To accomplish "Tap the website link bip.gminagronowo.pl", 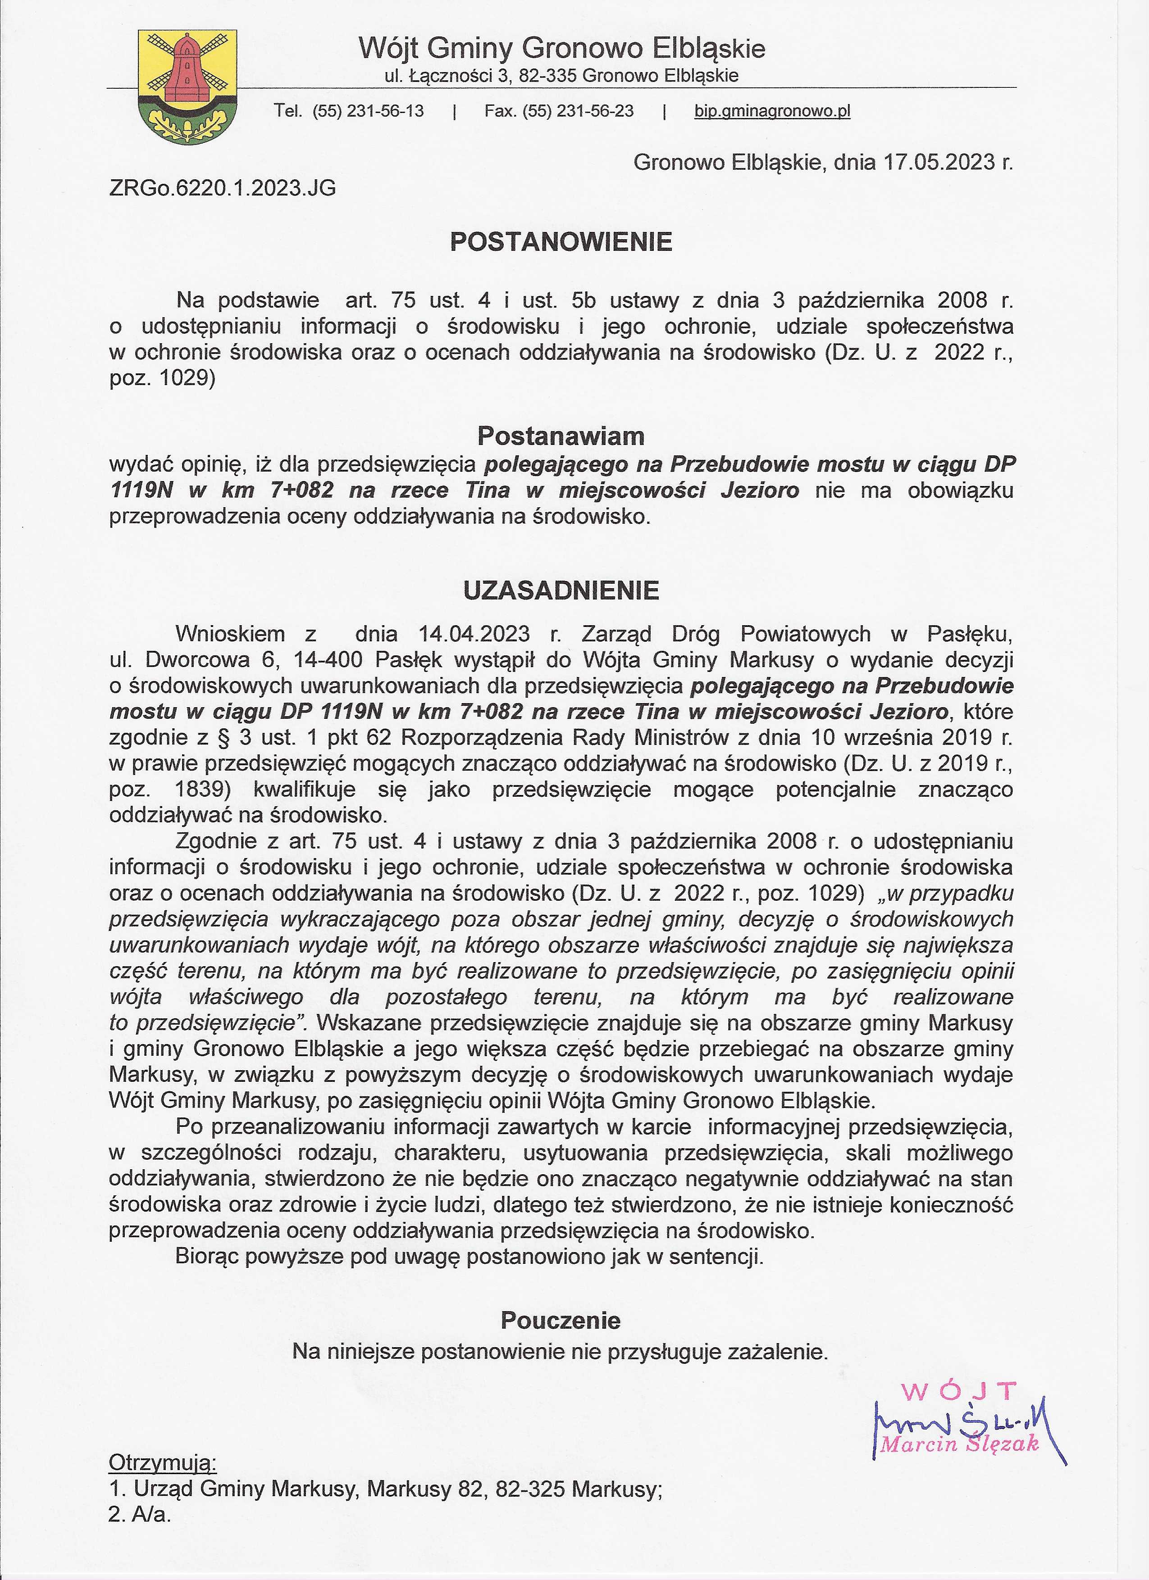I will coord(772,111).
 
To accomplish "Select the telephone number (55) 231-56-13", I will coord(369,111).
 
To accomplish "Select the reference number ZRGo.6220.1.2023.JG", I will coord(222,188).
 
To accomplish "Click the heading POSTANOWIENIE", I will coord(561,242).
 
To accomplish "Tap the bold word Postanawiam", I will coord(561,436).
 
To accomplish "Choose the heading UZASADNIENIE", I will coord(561,591).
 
